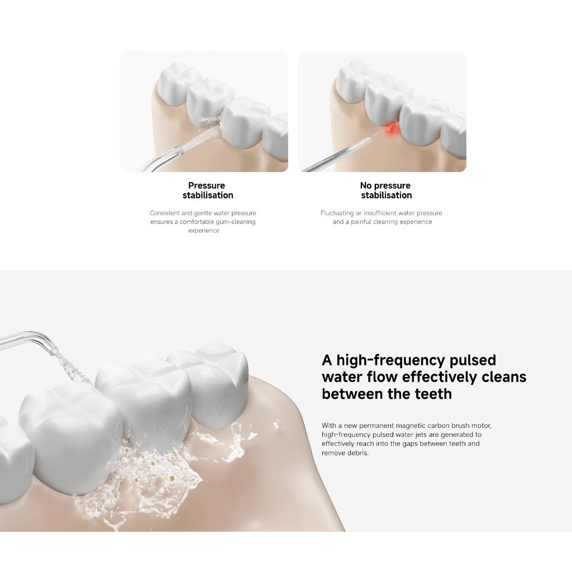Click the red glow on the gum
pos(392,129)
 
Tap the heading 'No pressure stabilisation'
pos(386,190)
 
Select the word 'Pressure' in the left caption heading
pos(207,185)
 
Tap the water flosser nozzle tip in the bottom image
pos(54,351)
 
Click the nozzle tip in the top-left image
pos(178,150)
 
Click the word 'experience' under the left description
pos(203,231)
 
